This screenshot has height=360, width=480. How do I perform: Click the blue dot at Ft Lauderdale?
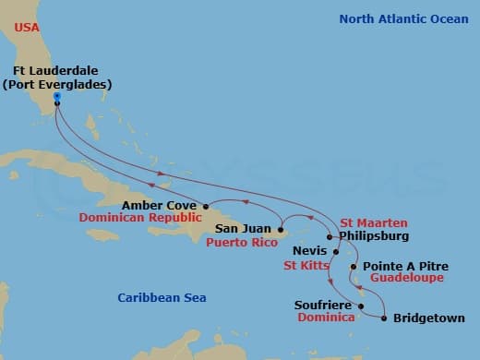57,95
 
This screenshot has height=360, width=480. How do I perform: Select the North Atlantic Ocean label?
403,18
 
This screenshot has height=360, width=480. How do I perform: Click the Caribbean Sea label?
162,297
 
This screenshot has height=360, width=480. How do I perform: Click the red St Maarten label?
373,222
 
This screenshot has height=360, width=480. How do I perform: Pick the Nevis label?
308,249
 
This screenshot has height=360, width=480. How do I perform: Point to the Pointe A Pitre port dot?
354,266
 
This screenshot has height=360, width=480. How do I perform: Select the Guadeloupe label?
405,278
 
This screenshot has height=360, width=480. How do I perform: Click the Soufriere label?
322,304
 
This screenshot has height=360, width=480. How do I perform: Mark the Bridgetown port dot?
384,319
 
